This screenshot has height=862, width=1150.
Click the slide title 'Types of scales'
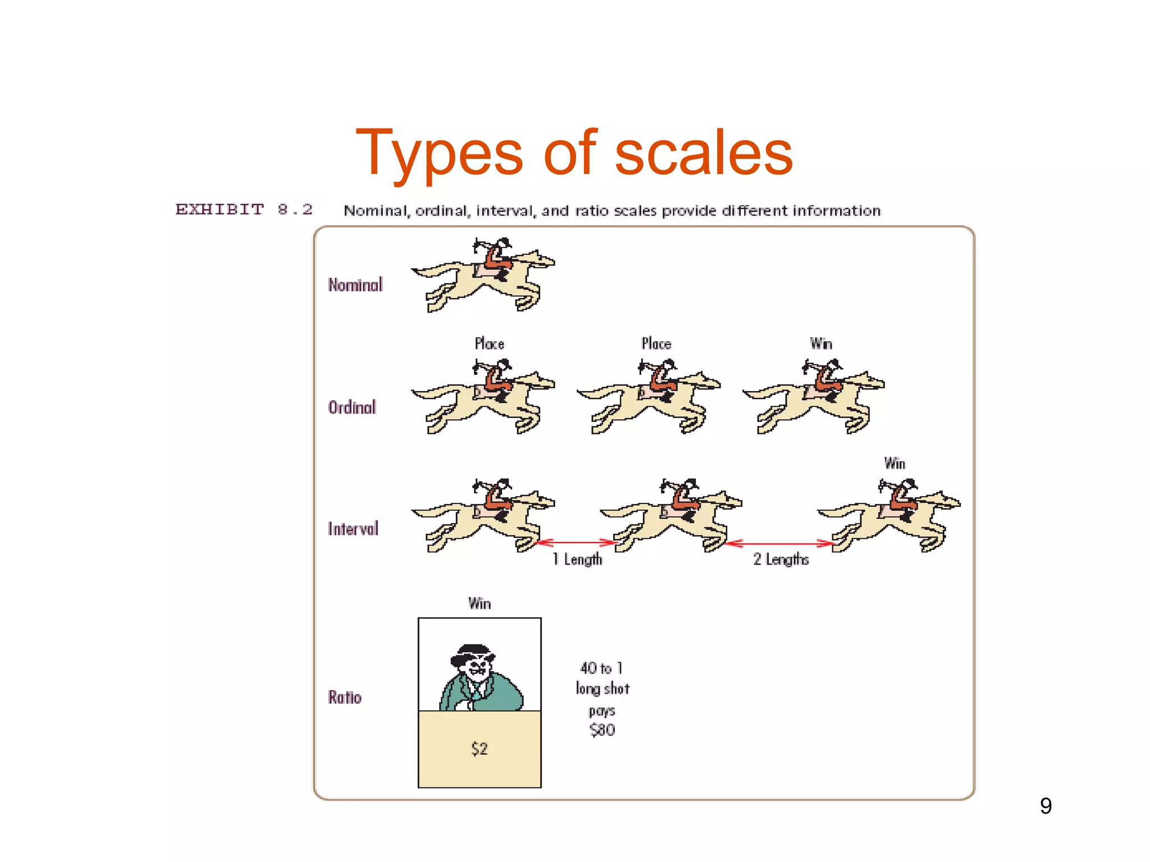[574, 153]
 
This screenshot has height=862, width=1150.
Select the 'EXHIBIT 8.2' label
[244, 210]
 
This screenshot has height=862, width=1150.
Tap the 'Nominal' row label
[355, 285]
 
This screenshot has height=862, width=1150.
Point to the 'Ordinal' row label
[352, 407]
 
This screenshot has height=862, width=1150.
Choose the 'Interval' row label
[353, 529]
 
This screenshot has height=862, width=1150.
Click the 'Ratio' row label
[345, 697]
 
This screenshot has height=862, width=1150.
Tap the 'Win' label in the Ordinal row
[821, 343]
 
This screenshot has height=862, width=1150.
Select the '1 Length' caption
[577, 559]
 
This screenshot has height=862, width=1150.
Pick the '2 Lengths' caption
[781, 559]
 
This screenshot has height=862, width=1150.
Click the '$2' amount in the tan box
[480, 749]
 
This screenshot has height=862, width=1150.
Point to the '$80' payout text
[603, 730]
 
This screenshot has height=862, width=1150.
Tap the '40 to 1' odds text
[601, 668]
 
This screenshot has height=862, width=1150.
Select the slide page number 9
[1046, 806]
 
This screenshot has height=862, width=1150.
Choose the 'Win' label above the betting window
[480, 603]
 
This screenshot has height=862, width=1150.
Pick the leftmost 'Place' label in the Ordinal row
[490, 343]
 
